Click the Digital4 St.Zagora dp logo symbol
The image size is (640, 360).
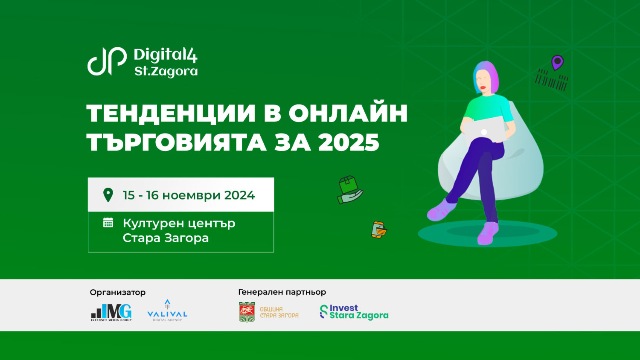pyautogui.click(x=107, y=61)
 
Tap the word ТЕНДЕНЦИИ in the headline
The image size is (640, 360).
pyautogui.click(x=171, y=113)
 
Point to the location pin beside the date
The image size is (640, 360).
pyautogui.click(x=108, y=195)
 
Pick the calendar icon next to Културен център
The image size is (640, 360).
pyautogui.click(x=108, y=223)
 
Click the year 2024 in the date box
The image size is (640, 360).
pyautogui.click(x=239, y=195)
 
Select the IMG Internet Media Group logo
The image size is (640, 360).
pyautogui.click(x=111, y=312)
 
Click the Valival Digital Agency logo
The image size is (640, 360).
pyautogui.click(x=167, y=311)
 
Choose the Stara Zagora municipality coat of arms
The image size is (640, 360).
pyautogui.click(x=247, y=312)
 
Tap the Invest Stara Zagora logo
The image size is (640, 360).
pyautogui.click(x=354, y=312)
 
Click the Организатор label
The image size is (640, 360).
pyautogui.click(x=118, y=292)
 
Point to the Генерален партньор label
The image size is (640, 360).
pyautogui.click(x=282, y=292)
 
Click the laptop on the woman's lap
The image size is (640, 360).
pyautogui.click(x=484, y=130)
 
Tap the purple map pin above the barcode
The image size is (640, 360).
pyautogui.click(x=557, y=62)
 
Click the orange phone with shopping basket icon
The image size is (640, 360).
pyautogui.click(x=379, y=230)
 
